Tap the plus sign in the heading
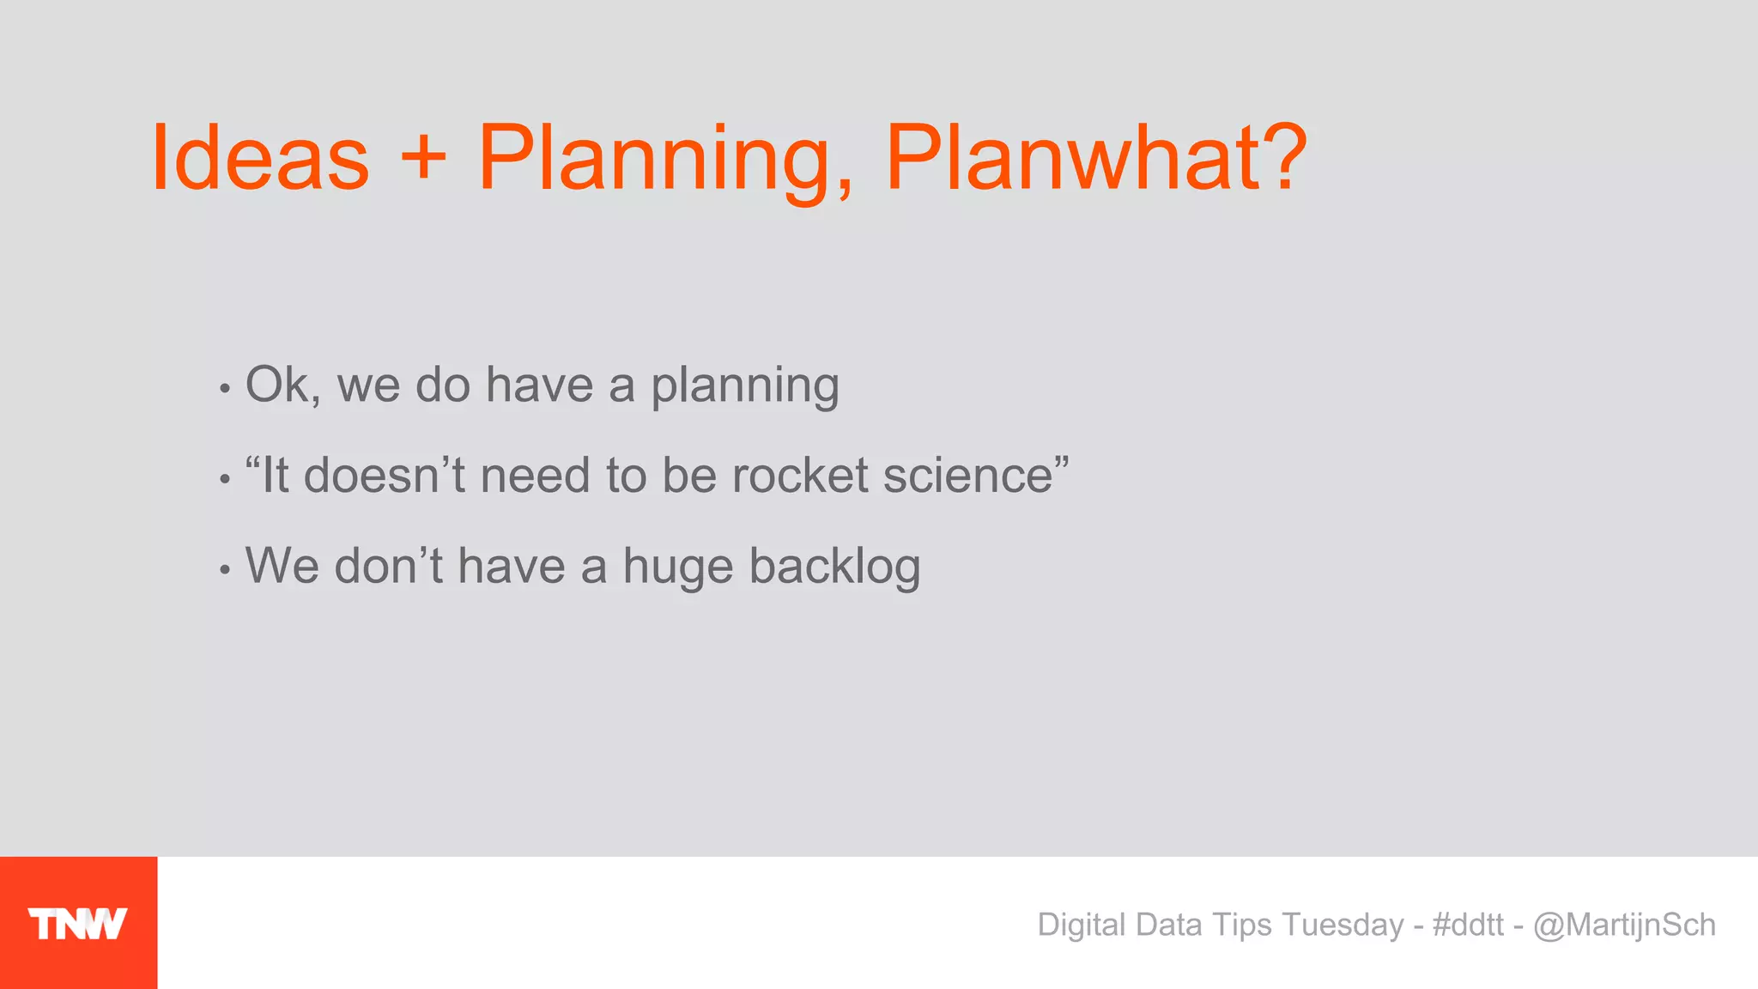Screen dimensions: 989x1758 click(x=423, y=159)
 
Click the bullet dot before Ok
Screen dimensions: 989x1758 click(x=225, y=389)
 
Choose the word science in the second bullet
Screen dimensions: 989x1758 click(x=968, y=476)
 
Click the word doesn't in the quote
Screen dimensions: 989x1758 click(x=384, y=476)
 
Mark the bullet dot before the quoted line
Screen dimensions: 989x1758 click(x=225, y=479)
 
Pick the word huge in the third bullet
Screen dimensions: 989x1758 click(x=677, y=567)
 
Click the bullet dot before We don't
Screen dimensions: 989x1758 click(x=225, y=569)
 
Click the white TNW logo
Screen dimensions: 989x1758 click(x=78, y=924)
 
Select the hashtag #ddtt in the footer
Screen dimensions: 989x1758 click(x=1468, y=925)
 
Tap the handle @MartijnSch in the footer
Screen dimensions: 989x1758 click(x=1624, y=925)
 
